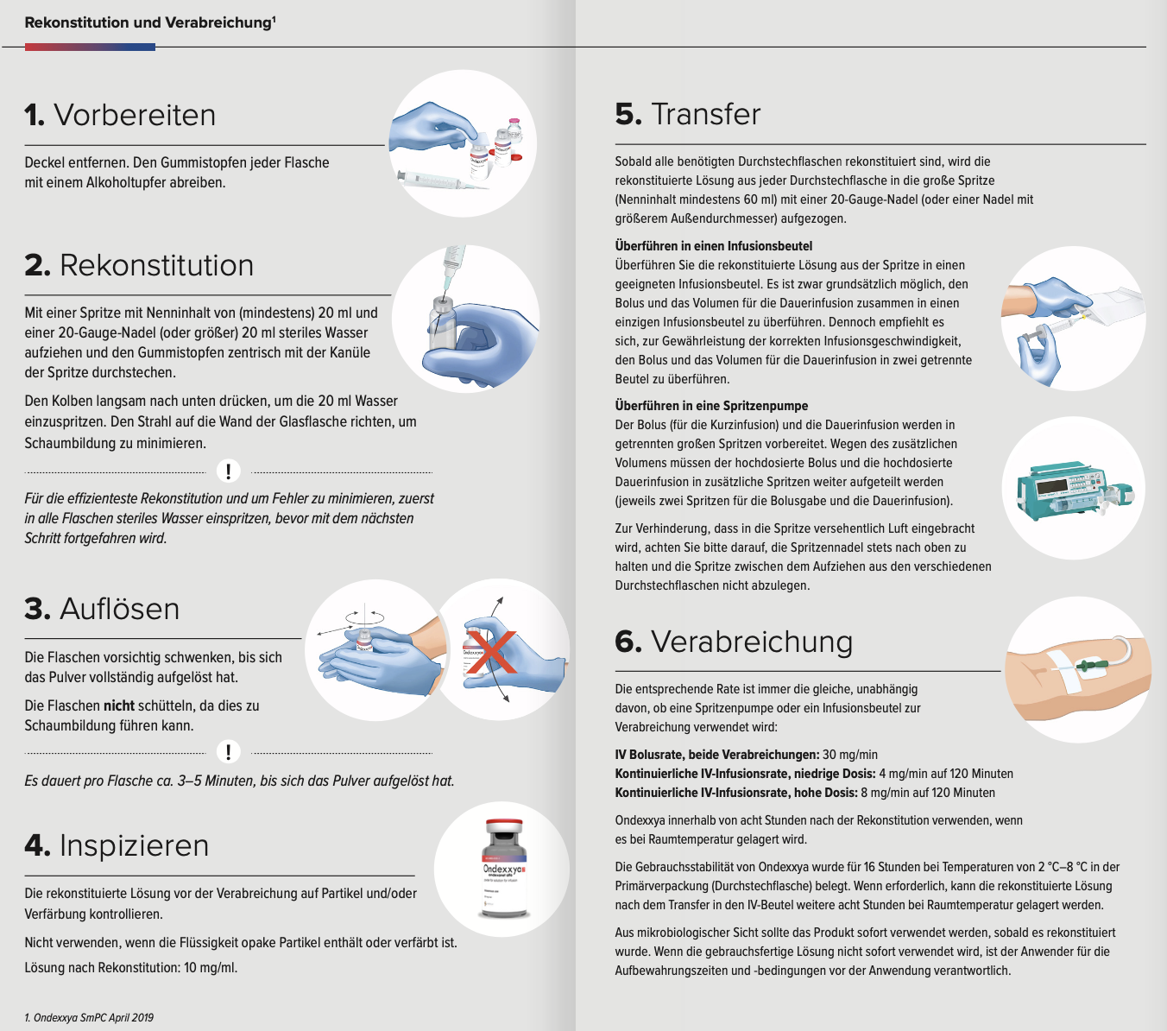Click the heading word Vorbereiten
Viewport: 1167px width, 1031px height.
point(135,115)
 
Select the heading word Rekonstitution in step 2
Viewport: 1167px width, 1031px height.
point(156,265)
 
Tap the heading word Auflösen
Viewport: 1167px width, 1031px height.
point(119,609)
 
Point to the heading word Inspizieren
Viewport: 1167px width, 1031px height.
point(134,845)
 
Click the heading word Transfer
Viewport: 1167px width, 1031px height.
point(706,114)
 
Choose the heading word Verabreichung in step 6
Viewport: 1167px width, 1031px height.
point(751,642)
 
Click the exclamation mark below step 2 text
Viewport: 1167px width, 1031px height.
point(228,471)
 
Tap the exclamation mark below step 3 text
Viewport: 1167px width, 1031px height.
point(228,751)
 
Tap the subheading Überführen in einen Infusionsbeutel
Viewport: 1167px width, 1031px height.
point(713,246)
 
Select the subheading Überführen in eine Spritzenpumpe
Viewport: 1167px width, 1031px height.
point(711,406)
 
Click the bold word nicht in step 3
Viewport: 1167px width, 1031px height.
point(119,705)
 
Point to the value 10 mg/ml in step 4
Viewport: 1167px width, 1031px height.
point(211,968)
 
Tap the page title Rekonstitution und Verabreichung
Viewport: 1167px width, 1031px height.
point(148,23)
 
